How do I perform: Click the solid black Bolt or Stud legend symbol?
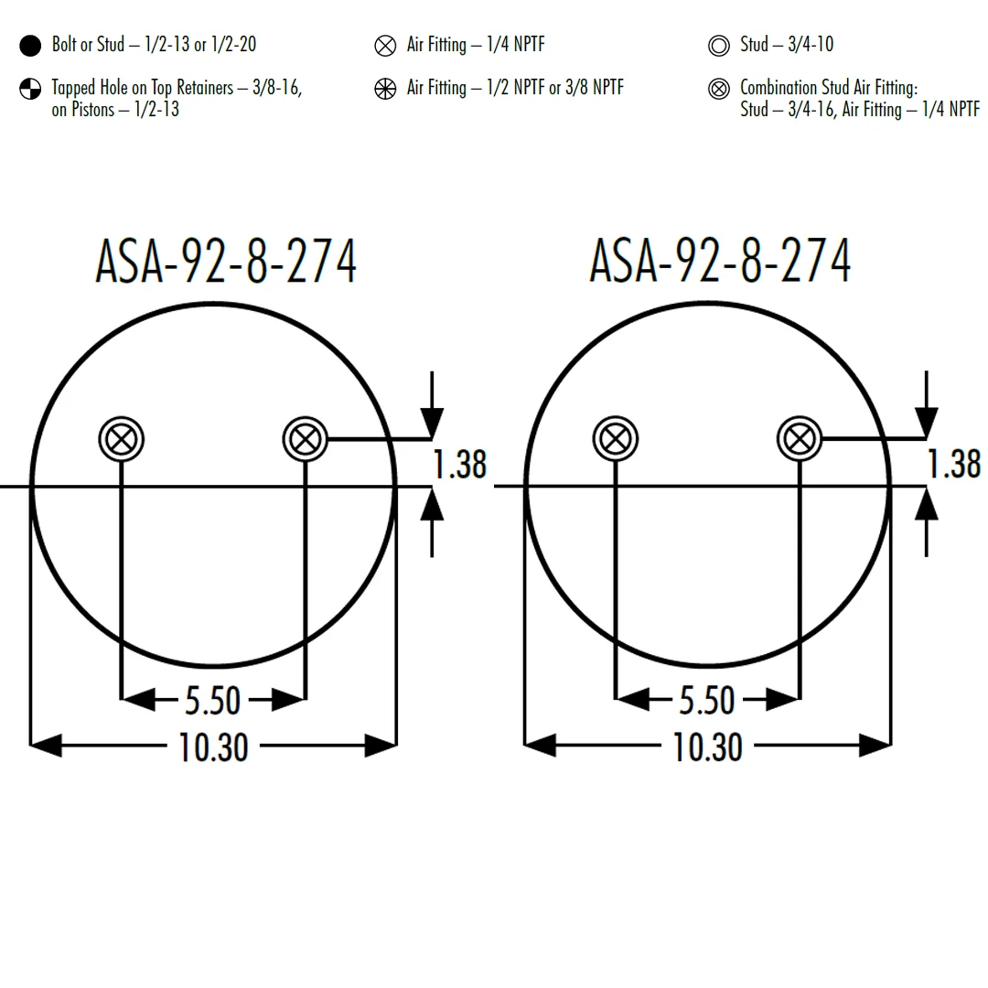point(30,46)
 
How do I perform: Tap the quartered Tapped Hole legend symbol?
point(30,89)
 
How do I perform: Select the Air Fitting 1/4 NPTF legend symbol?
point(385,46)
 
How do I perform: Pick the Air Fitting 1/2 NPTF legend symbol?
point(385,89)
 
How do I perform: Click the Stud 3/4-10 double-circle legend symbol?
point(718,46)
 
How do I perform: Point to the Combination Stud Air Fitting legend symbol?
point(718,89)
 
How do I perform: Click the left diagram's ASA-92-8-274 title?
point(226,261)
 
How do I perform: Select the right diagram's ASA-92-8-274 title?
point(720,261)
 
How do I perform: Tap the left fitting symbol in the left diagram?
point(122,438)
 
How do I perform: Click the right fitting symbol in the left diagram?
point(306,438)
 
